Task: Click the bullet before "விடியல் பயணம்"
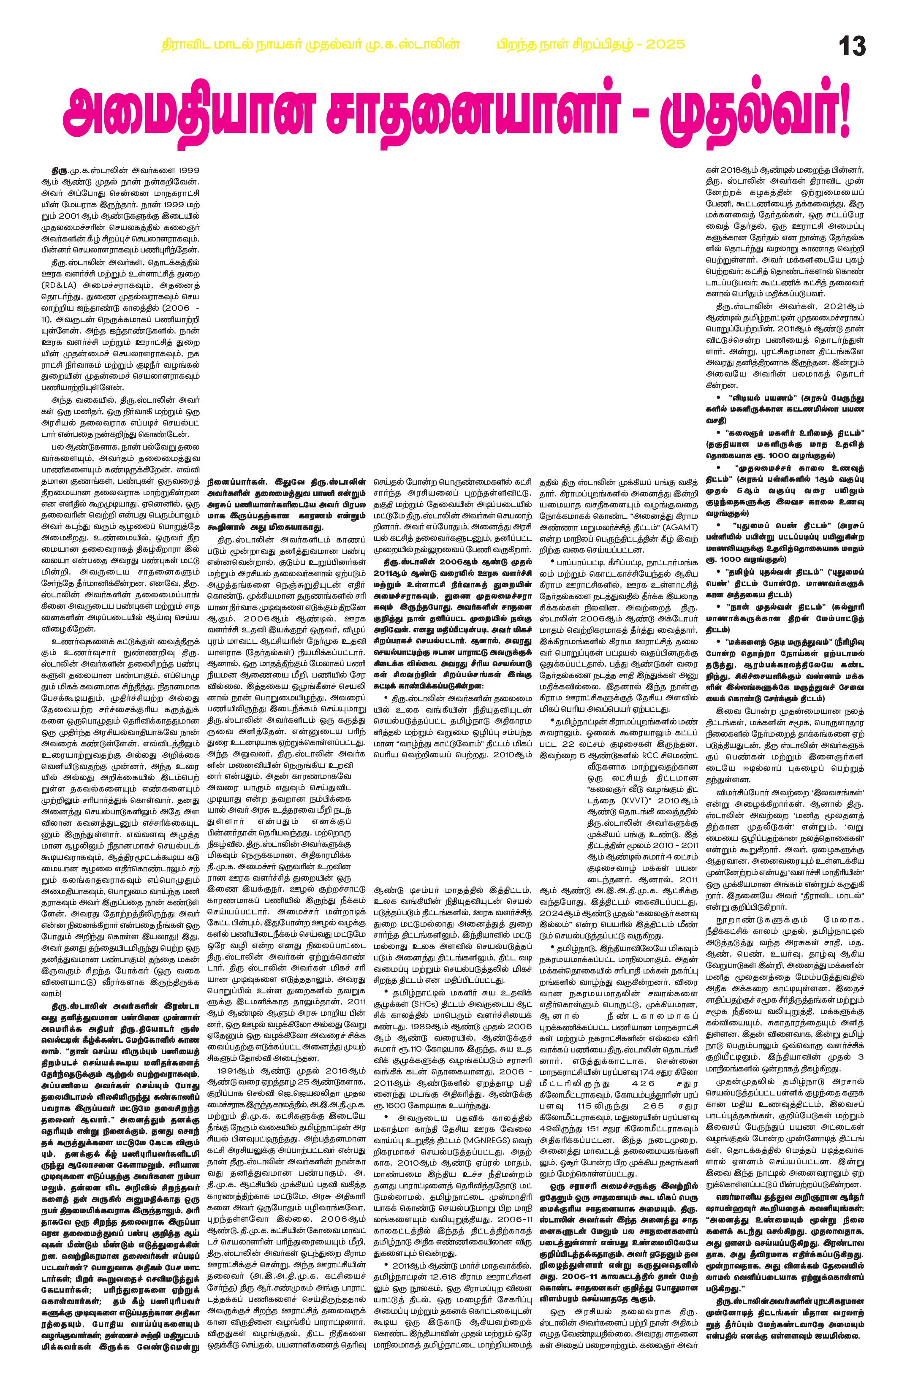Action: click(x=710, y=399)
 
